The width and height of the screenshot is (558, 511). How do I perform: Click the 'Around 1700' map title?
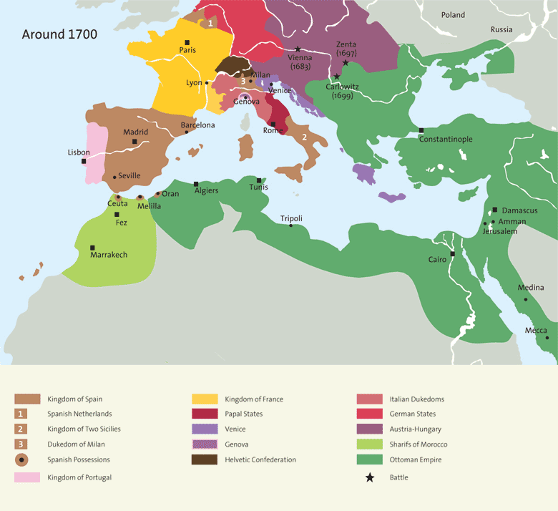(x=59, y=34)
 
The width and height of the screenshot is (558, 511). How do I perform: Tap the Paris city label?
(x=187, y=50)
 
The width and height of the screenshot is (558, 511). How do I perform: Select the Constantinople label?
(x=446, y=139)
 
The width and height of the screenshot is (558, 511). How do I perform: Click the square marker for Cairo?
(x=452, y=254)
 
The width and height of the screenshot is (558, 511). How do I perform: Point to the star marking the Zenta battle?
(x=346, y=63)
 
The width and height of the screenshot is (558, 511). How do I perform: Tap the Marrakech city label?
(x=109, y=255)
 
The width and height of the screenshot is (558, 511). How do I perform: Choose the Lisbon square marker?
(x=84, y=161)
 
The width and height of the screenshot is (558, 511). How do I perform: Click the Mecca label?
(x=536, y=330)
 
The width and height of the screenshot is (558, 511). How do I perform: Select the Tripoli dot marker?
(x=290, y=225)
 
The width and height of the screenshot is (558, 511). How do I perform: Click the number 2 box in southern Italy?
(x=304, y=137)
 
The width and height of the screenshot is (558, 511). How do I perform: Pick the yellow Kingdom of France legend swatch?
(x=205, y=399)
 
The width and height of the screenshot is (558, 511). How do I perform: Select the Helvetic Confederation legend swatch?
(x=205, y=459)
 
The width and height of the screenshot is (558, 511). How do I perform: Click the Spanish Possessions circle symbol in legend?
(x=23, y=459)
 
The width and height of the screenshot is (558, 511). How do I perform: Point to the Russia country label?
(x=501, y=29)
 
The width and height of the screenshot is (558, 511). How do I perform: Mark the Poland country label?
(x=453, y=15)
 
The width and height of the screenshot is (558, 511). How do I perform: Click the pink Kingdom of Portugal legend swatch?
(x=27, y=477)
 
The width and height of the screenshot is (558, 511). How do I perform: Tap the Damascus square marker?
(x=495, y=210)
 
